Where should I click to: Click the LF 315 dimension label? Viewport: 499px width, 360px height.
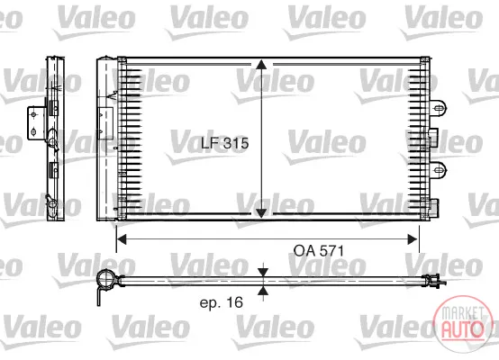point(224,143)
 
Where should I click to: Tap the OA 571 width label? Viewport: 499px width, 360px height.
point(319,251)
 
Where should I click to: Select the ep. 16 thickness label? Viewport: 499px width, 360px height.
point(222,302)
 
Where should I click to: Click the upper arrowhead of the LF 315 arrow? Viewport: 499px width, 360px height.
point(261,65)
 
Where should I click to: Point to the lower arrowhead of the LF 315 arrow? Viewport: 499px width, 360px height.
point(261,212)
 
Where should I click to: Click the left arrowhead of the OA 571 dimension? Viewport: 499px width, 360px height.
point(122,239)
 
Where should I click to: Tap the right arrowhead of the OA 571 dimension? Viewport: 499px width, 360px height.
point(413,239)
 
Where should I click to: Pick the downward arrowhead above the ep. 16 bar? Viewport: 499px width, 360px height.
point(263,273)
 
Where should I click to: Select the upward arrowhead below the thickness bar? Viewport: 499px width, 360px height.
point(263,290)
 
